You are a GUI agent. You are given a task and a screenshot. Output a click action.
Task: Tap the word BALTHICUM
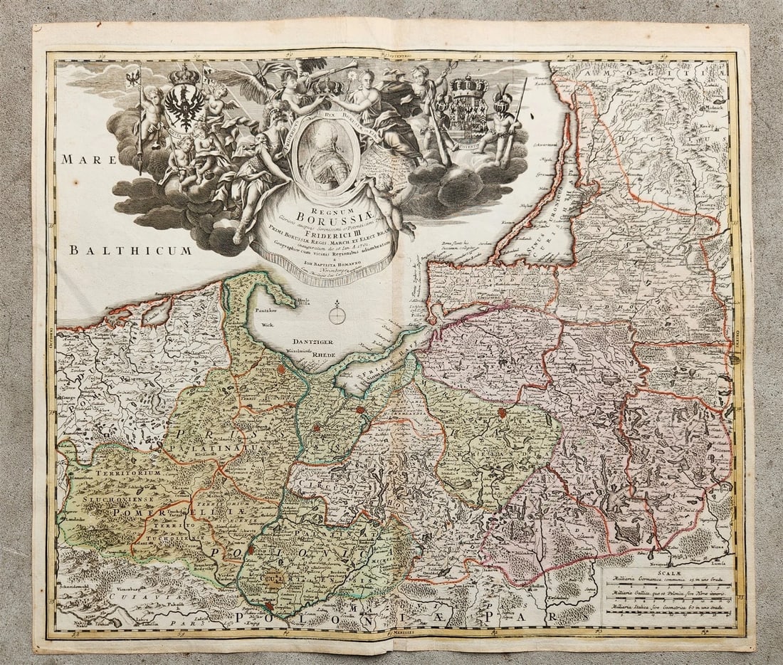(131, 250)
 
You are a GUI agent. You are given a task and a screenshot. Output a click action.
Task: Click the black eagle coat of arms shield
(184, 105)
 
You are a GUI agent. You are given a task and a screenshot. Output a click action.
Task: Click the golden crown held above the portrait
(329, 87)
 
